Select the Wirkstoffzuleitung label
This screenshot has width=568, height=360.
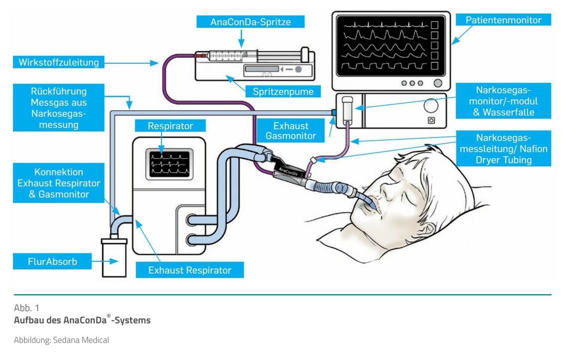point(59,63)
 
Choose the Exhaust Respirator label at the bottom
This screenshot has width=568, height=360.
point(190,270)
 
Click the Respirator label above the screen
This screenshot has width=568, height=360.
point(170,126)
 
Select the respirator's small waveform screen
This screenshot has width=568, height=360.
point(169,165)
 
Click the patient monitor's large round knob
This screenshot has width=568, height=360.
point(438,83)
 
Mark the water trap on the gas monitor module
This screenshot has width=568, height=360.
point(348,107)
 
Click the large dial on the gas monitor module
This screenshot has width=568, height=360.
point(430,106)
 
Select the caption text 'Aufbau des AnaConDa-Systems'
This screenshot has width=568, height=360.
point(82,320)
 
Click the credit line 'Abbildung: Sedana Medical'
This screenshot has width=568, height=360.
point(61,340)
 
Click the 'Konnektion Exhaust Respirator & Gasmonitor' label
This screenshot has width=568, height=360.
point(59,183)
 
